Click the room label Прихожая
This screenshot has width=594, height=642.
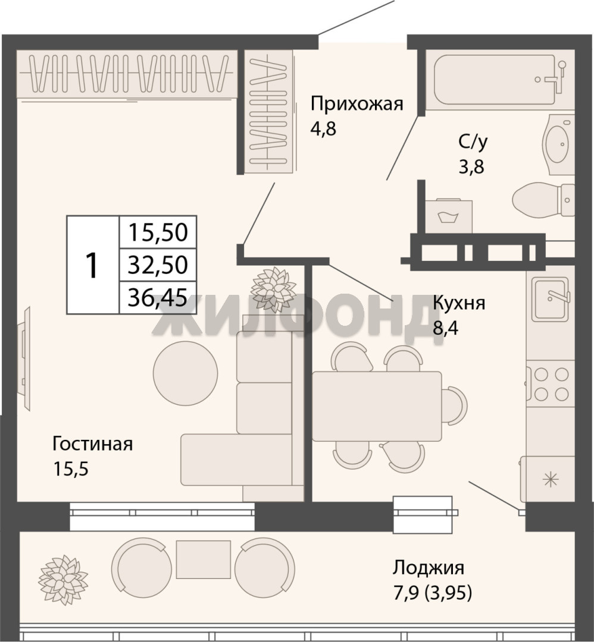357,105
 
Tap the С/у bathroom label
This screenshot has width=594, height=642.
473,141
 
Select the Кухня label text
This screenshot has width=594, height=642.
459,304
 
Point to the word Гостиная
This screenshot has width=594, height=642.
93,444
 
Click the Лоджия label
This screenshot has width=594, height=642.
429,568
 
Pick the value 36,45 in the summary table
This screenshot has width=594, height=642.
158,298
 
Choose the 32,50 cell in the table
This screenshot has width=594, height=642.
158,265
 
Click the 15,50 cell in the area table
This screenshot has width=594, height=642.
158,232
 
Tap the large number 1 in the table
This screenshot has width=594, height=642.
92,265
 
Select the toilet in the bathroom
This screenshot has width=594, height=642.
544,199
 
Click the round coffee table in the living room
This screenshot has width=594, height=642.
185,372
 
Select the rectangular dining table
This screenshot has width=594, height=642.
377,406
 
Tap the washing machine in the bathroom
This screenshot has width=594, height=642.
449,216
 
